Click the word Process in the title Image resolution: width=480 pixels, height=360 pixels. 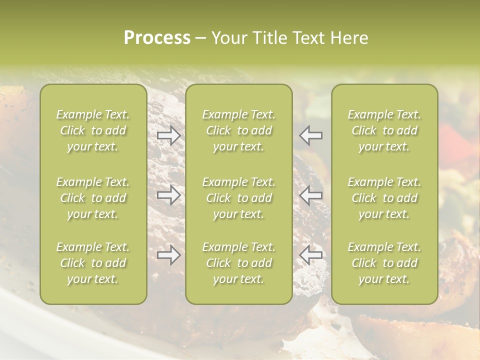[x=157, y=38]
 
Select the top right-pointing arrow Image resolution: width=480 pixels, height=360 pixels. [x=168, y=135]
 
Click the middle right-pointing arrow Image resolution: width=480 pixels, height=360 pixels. [x=168, y=195]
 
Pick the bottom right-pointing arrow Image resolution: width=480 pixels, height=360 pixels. [x=168, y=255]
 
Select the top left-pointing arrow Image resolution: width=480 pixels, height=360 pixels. [x=311, y=135]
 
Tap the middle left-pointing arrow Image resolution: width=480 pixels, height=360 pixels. [x=311, y=195]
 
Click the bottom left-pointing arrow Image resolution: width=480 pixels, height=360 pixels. [x=311, y=255]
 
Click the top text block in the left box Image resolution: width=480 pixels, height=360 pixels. [x=93, y=130]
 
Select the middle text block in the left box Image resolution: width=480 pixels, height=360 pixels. [x=93, y=198]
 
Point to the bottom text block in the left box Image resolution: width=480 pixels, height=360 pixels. [x=93, y=263]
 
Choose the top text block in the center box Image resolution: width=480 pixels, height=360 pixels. [x=238, y=130]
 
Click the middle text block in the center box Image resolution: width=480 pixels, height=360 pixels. [x=238, y=198]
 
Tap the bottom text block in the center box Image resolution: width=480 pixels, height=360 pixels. [x=238, y=263]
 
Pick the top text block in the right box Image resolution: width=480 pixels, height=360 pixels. [x=384, y=130]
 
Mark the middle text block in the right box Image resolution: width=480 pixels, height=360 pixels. [x=384, y=198]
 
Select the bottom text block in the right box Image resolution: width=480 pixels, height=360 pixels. [x=384, y=263]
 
